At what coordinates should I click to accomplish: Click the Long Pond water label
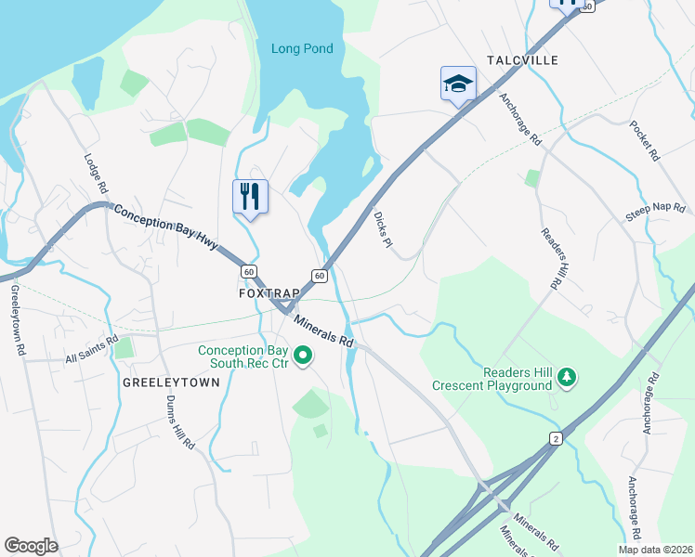[301, 48]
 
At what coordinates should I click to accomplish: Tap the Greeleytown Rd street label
[16, 320]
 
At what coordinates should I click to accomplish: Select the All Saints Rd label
[92, 349]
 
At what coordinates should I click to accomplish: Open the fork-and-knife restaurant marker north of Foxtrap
[250, 196]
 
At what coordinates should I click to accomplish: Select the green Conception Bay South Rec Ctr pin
[303, 355]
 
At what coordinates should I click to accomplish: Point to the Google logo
[31, 546]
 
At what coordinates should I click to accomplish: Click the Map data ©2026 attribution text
[655, 550]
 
